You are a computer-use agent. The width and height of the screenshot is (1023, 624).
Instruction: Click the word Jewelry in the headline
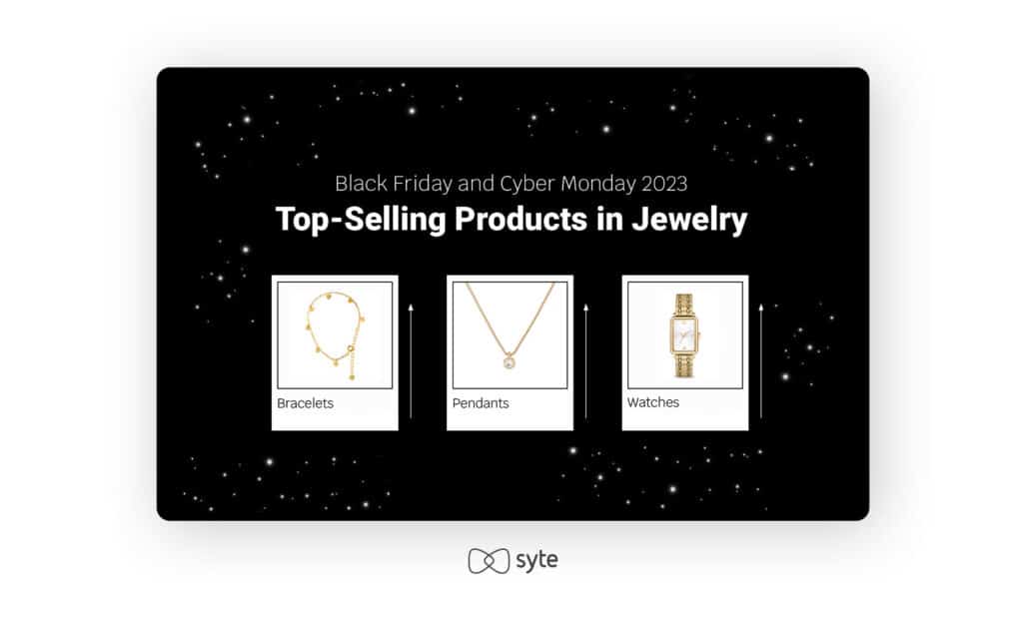pos(689,220)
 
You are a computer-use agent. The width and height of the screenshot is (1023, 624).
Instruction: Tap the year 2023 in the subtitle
pos(664,184)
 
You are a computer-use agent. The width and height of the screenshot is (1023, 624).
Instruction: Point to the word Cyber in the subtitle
pos(527,184)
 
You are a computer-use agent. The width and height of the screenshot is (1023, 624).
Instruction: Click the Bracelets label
pos(305,403)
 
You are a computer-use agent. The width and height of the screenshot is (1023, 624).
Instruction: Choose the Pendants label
pos(481,403)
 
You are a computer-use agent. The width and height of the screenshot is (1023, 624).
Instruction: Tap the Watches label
pos(653,402)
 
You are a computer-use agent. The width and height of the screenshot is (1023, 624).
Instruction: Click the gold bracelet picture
pos(335,334)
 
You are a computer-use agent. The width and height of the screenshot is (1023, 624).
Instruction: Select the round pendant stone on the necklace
pos(510,361)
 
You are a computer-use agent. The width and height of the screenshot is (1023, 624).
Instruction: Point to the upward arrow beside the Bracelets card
pos(411,360)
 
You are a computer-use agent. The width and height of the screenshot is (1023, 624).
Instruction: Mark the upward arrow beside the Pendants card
pos(585,360)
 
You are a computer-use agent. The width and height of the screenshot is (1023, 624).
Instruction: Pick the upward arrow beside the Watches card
pos(760,360)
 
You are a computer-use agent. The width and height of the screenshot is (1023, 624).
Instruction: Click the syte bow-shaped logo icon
pos(489,561)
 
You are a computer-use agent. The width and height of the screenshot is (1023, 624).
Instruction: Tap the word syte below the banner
pos(536,560)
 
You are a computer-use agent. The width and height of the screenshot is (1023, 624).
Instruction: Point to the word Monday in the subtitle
pos(597,184)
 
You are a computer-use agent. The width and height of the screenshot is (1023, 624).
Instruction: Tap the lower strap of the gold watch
pos(684,364)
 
